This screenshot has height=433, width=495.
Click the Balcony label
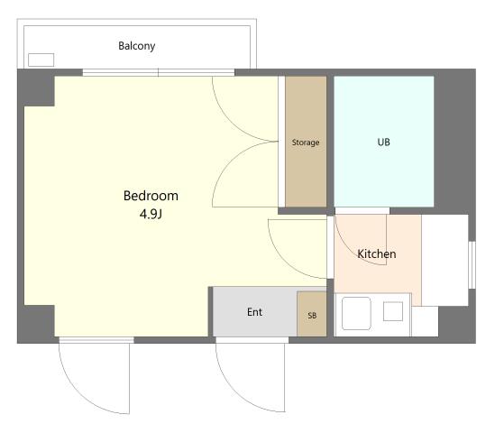coord(137,46)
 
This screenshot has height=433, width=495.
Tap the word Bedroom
coord(151,196)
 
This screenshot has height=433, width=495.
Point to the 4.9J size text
coord(151,214)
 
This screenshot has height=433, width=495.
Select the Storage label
coord(306,143)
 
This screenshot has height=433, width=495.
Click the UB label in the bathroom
coord(383,143)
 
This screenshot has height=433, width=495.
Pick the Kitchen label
coord(377,253)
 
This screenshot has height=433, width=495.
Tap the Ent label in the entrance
coord(254,312)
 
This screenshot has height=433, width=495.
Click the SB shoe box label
coord(312,315)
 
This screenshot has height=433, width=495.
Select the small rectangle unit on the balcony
coord(41,60)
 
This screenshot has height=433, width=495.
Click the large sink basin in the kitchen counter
coord(356,313)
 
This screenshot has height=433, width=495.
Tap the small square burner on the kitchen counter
coord(393,311)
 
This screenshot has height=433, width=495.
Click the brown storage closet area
coord(306,142)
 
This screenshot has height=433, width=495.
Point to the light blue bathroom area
coord(384,142)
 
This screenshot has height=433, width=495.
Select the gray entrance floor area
coord(255,312)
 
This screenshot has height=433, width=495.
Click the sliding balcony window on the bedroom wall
coord(159,73)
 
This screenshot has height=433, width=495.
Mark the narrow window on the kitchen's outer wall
coord(472,264)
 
